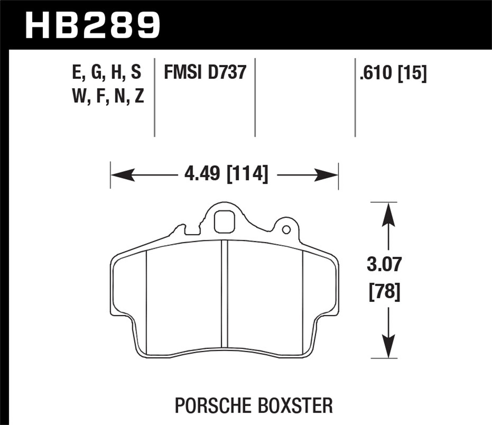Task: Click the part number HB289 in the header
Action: tap(92, 25)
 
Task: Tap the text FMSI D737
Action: tap(205, 72)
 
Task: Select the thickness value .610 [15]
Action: tap(393, 73)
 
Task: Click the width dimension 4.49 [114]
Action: tap(226, 173)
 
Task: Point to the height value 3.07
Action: tap(384, 264)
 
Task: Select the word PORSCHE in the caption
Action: tap(215, 405)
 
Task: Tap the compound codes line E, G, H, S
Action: tap(107, 72)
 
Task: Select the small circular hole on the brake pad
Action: tap(286, 230)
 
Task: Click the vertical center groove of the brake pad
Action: tap(224, 293)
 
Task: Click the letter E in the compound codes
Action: tap(76, 72)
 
